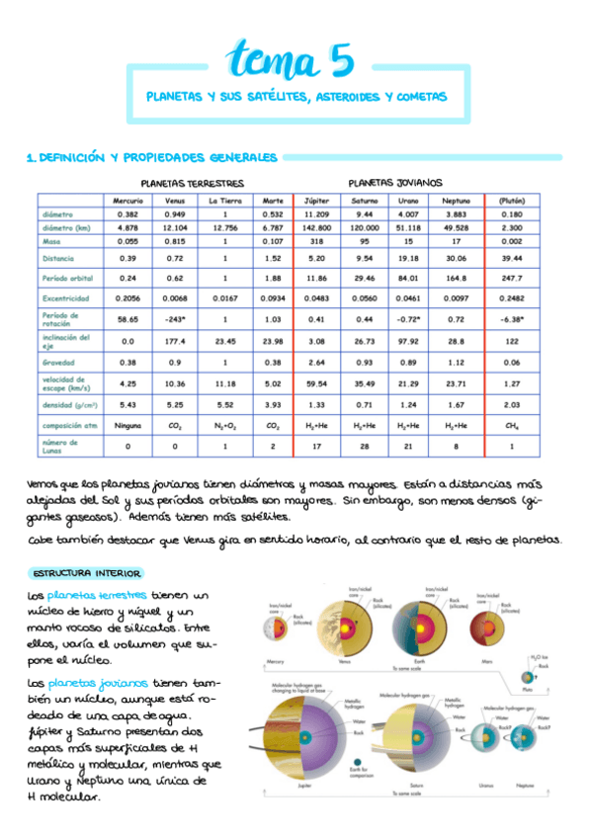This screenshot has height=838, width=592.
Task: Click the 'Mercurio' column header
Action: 127,201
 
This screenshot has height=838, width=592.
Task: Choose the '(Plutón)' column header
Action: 511,201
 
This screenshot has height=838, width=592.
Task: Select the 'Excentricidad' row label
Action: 67,297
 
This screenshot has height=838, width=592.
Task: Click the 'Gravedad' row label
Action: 60,362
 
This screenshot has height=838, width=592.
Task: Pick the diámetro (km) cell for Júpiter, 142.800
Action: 316,227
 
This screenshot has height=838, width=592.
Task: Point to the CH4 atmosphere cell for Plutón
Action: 511,426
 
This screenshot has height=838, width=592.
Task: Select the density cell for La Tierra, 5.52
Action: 225,405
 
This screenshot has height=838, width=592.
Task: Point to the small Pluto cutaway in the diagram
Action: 528,678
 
